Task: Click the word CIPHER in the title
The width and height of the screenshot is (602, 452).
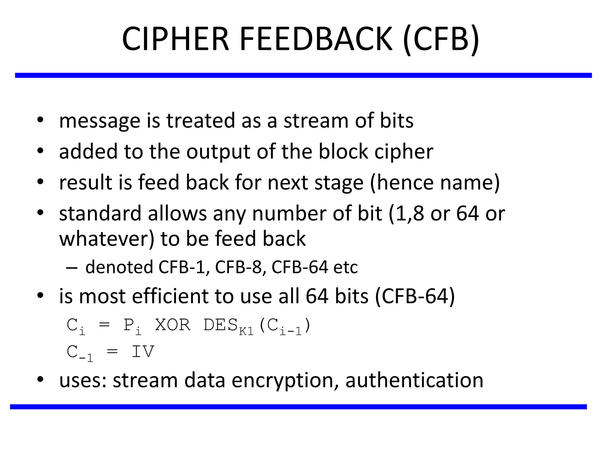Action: (x=175, y=39)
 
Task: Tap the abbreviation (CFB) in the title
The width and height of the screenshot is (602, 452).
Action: (x=441, y=39)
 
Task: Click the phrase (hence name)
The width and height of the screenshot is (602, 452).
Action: (x=435, y=182)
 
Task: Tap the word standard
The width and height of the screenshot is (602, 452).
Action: (x=100, y=213)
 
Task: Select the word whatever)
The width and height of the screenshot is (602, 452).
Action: (x=107, y=238)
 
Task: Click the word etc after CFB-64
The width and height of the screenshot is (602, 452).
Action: (x=345, y=267)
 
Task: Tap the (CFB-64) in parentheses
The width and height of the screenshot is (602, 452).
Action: (x=415, y=296)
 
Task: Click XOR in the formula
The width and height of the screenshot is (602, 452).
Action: (x=173, y=325)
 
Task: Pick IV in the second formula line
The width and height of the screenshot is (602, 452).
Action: (x=143, y=351)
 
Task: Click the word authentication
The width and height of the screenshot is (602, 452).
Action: (x=414, y=380)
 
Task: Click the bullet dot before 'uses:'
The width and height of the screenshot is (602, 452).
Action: (x=40, y=380)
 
